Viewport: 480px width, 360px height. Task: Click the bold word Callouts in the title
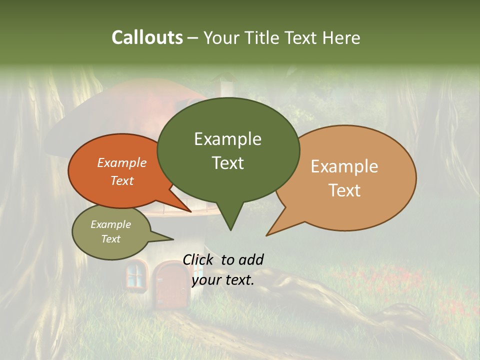click(147, 37)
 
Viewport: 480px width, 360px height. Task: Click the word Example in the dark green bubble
click(227, 139)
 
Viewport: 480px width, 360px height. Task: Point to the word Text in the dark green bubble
click(227, 163)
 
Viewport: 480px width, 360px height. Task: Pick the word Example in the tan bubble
click(344, 166)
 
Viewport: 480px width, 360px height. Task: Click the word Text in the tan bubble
click(344, 190)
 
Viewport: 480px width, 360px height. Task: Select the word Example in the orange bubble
click(122, 163)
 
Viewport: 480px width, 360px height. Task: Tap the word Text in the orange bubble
click(122, 180)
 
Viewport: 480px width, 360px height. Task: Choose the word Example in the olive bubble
click(111, 224)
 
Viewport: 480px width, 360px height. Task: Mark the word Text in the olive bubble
click(111, 239)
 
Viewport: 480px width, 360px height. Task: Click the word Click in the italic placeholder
click(200, 259)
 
